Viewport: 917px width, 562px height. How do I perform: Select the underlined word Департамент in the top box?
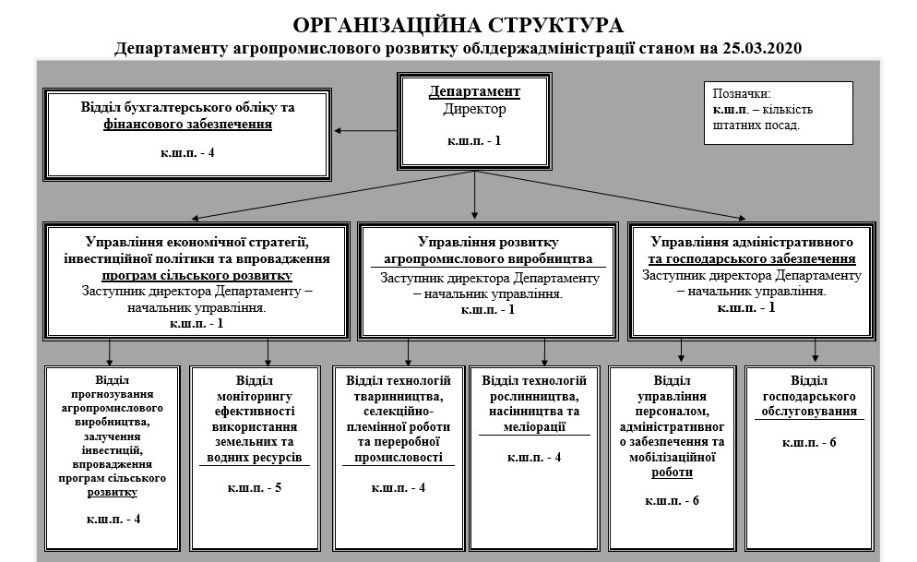[474, 91]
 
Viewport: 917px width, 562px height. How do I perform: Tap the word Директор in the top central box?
[474, 108]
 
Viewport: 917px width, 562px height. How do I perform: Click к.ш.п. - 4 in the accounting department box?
[188, 152]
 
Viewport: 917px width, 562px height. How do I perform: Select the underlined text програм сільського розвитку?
[197, 274]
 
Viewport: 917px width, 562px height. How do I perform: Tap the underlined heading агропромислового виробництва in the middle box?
[487, 258]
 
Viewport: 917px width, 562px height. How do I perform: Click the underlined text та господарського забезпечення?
[752, 258]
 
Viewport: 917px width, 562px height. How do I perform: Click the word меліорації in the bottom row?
[534, 426]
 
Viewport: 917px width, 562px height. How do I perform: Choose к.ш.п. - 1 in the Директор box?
[474, 140]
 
